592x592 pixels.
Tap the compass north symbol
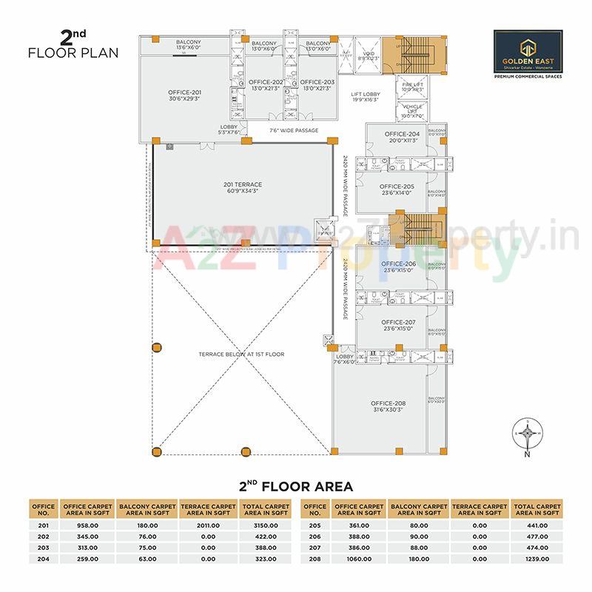(x=526, y=434)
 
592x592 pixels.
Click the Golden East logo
(x=527, y=55)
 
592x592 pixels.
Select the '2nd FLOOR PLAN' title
(x=73, y=46)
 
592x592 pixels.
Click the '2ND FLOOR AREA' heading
(x=296, y=487)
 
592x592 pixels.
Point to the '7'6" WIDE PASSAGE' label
(x=294, y=130)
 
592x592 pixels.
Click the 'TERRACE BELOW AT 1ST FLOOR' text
(x=241, y=354)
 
